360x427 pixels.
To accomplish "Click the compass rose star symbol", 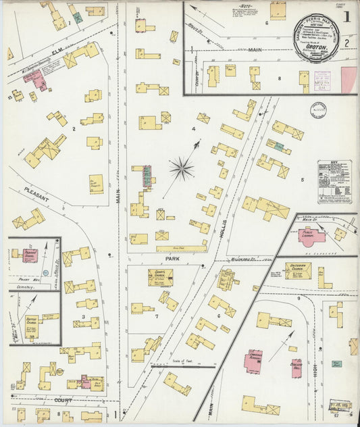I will coord(181,168).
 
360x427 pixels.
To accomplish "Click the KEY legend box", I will coord(334,182).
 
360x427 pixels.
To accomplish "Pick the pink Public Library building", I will coord(311,235).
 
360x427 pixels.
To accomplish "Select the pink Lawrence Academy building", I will coord(253,361).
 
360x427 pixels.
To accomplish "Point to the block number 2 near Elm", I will coord(74,127).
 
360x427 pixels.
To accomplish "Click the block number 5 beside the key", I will coord(302,179).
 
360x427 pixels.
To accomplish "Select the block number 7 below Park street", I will coord(156,316).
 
